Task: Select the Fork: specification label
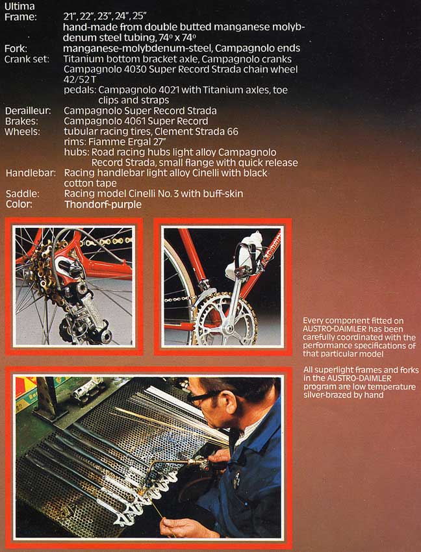point(16,49)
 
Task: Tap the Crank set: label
point(26,59)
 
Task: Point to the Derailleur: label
point(29,111)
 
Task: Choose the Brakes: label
point(22,121)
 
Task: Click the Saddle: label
point(21,194)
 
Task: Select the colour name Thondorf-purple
point(103,204)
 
